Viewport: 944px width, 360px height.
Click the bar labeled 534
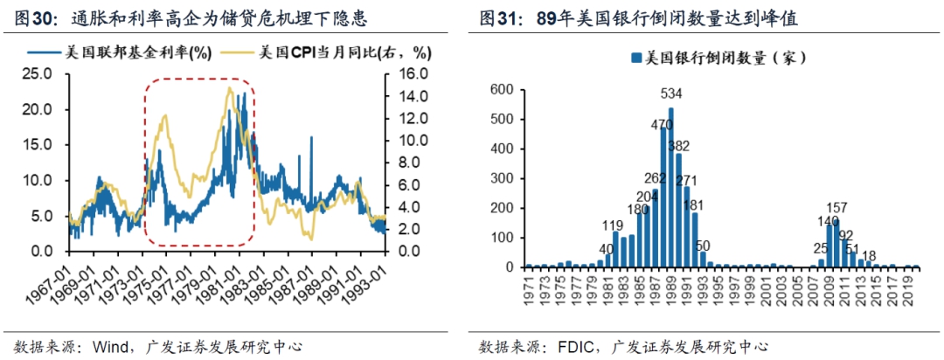click(670, 188)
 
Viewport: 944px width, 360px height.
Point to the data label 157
click(837, 207)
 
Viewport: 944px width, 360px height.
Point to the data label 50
click(702, 245)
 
